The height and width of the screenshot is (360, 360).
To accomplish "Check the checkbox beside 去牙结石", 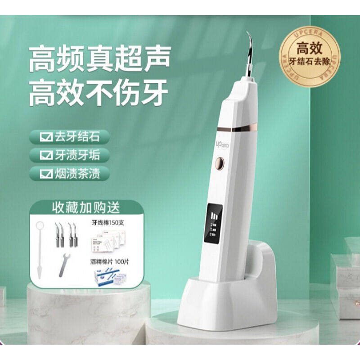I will point(45,136).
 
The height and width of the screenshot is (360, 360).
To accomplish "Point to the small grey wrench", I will point(64,265).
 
